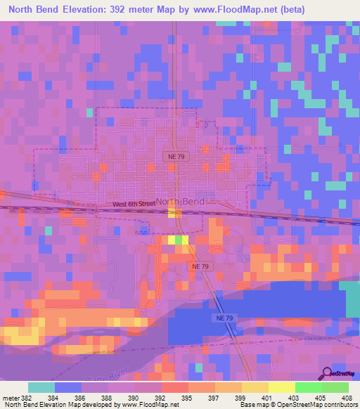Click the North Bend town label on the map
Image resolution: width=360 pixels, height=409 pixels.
(180, 202)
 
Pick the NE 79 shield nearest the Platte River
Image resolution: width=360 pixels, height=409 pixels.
(220, 318)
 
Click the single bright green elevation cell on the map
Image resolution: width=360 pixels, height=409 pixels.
(179, 240)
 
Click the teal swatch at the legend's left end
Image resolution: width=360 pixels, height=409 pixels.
(41, 387)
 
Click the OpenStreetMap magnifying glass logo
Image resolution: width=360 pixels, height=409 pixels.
(326, 374)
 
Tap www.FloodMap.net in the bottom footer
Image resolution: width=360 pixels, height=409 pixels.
(149, 405)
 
